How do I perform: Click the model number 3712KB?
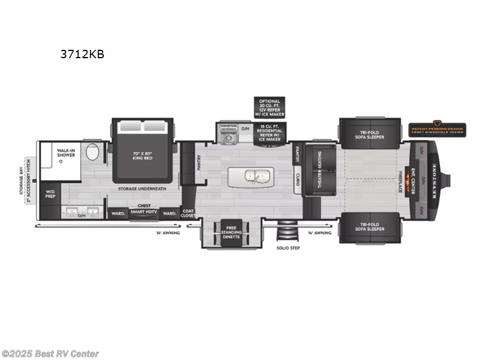(x=82, y=54)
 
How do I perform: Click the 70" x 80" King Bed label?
(x=143, y=155)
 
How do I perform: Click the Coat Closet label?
(x=188, y=213)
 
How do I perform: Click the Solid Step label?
(x=287, y=247)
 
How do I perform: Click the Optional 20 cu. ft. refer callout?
(x=269, y=107)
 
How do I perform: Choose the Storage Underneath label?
(x=142, y=188)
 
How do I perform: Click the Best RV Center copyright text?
(x=50, y=354)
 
